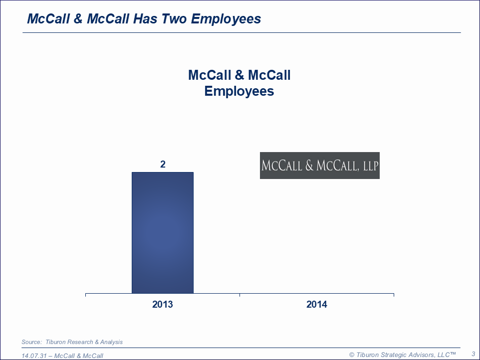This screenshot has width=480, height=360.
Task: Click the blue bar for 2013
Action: point(163,233)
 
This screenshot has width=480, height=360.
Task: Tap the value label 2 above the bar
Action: point(163,165)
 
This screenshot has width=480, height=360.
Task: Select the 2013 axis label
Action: point(163,304)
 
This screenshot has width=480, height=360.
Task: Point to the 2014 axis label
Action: point(317,304)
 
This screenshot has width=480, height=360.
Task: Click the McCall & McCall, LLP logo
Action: point(320,166)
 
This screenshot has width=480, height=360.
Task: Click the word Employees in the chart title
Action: point(239,91)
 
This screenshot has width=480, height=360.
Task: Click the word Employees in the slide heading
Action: point(226,19)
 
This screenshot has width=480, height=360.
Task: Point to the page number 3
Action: point(474,354)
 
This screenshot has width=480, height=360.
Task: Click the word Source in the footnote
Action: point(31,342)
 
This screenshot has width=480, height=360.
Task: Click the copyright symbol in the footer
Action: point(352,355)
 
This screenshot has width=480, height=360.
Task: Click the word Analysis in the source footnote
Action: point(111,342)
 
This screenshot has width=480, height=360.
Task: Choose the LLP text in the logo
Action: point(371,166)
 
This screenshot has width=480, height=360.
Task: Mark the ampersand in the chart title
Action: point(240,75)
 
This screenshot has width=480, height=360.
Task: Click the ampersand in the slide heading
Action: point(78,18)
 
